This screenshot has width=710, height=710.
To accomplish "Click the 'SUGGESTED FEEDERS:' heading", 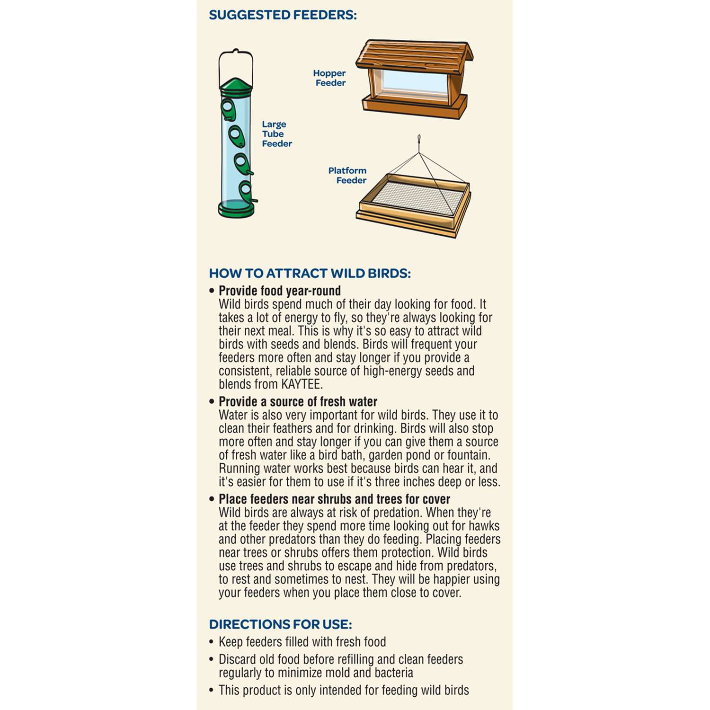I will (x=283, y=15).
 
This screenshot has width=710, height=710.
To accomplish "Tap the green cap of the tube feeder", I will (x=236, y=84).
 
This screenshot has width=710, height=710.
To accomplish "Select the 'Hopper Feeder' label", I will (x=330, y=78).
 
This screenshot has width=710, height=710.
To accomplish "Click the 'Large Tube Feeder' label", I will (x=276, y=134).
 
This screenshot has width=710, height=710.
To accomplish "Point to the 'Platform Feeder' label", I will (x=348, y=175).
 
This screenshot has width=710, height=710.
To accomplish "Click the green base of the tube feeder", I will (x=236, y=210).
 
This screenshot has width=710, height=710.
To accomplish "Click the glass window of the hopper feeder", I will (x=415, y=83).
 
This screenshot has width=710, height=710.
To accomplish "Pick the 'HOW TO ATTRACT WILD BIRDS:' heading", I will (x=310, y=274).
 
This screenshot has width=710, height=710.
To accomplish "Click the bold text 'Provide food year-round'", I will (x=279, y=291).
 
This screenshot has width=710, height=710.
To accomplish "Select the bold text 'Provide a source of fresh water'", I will (x=298, y=402).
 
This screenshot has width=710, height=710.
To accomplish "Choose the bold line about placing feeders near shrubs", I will (x=334, y=499).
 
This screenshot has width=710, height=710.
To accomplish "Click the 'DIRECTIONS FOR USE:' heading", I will (x=280, y=624).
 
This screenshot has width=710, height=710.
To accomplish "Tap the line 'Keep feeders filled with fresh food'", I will (x=302, y=642).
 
